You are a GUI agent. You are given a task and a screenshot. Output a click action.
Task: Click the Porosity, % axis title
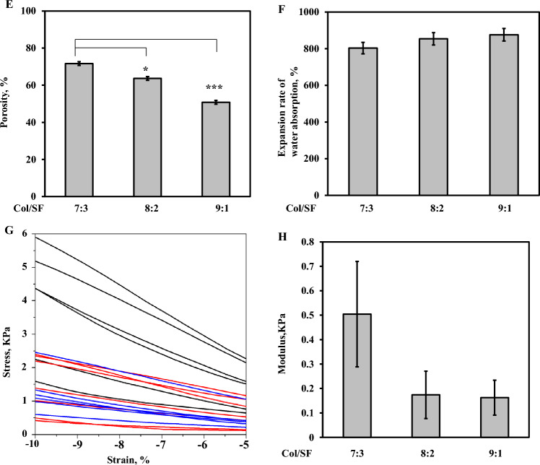coord(9,103)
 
